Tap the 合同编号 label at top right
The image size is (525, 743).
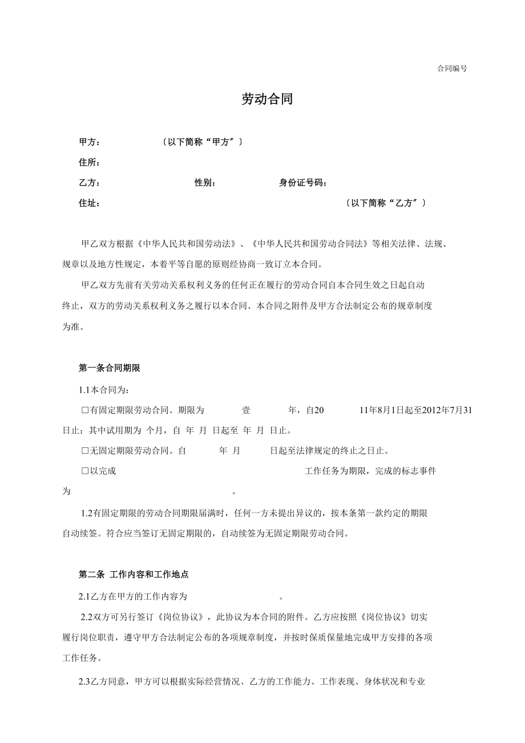(x=452, y=68)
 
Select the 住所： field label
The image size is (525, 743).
(x=90, y=163)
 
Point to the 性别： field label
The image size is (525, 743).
(x=205, y=183)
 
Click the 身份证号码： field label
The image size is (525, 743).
(x=303, y=183)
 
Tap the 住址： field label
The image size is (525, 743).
(x=90, y=203)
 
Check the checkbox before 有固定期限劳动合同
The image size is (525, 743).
(x=85, y=410)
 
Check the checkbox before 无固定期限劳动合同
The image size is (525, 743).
(x=85, y=451)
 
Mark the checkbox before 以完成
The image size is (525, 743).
(x=85, y=471)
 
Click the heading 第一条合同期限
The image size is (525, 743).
(x=109, y=369)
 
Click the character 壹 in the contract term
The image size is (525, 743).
(x=246, y=410)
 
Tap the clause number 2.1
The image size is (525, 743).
(x=84, y=597)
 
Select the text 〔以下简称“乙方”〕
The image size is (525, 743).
(x=386, y=203)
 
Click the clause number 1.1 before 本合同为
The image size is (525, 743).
(x=84, y=390)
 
